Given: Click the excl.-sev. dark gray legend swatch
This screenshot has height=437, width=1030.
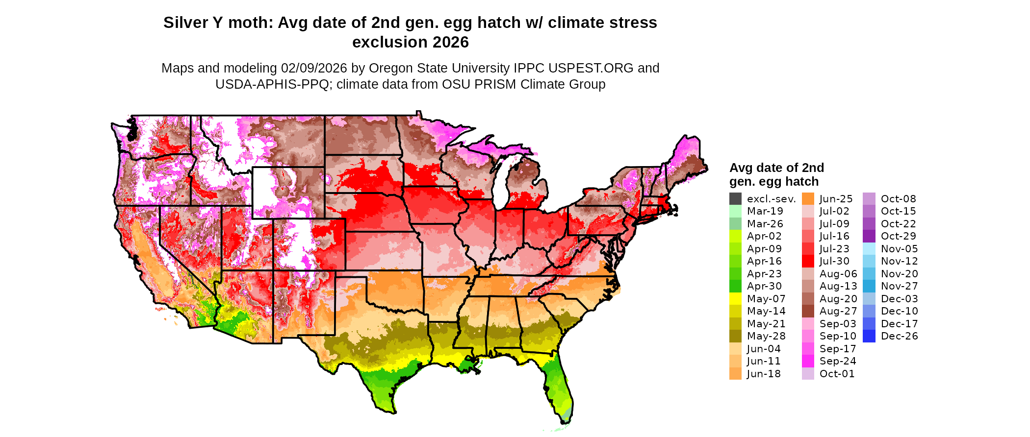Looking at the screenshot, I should tap(735, 199).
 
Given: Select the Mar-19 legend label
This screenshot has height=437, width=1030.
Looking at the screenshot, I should tap(765, 211).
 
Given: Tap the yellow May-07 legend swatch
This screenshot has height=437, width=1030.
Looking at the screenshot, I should tap(735, 299).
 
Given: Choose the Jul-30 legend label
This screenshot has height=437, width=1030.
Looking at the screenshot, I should tap(834, 261).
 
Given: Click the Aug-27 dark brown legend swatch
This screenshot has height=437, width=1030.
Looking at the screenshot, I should tap(808, 311).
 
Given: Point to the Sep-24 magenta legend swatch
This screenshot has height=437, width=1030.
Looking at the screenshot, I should tap(808, 361).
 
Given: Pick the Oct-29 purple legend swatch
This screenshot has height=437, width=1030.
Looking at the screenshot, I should tap(869, 236).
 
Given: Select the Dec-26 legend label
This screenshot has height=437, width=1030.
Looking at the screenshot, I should tap(899, 336).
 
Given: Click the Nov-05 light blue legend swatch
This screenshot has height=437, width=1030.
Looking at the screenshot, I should tap(869, 249).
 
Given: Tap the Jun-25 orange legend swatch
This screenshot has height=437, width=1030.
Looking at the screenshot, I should tap(808, 199).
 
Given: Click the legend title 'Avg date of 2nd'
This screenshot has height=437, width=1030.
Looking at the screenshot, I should tap(776, 168).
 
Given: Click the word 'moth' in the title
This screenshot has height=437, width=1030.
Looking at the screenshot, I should tap(249, 23).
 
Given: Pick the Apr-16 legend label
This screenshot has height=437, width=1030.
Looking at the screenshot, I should tap(764, 261).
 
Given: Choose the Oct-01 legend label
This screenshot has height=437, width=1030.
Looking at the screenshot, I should tap(837, 374).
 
